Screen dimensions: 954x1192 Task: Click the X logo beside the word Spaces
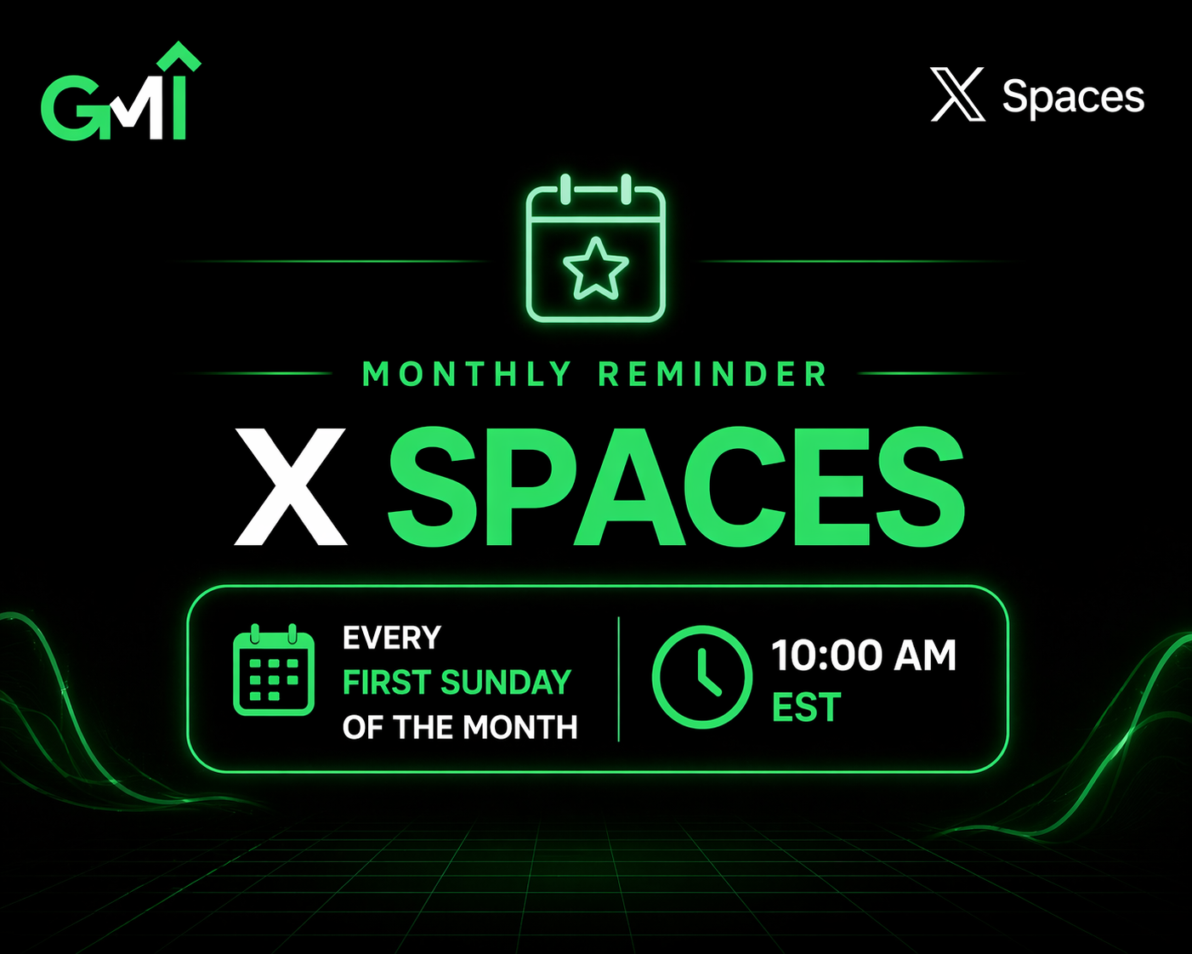pos(958,94)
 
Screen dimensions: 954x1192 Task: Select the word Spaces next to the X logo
pos(1073,97)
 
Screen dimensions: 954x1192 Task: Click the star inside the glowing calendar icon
pos(596,269)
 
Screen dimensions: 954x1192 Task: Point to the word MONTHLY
pos(467,374)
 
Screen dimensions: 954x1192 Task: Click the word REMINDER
pos(712,374)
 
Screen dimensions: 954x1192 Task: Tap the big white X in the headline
pos(291,486)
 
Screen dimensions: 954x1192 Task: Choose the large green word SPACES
pos(676,486)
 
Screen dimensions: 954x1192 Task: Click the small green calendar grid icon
pos(274,671)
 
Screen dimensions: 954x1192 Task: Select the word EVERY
pos(392,638)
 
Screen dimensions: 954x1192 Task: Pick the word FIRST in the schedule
pos(387,683)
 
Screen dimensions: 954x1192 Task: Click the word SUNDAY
pos(506,683)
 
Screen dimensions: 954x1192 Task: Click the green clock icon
pos(701,677)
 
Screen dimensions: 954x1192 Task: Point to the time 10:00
pos(826,656)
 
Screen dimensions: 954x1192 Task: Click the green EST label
pos(806,707)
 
